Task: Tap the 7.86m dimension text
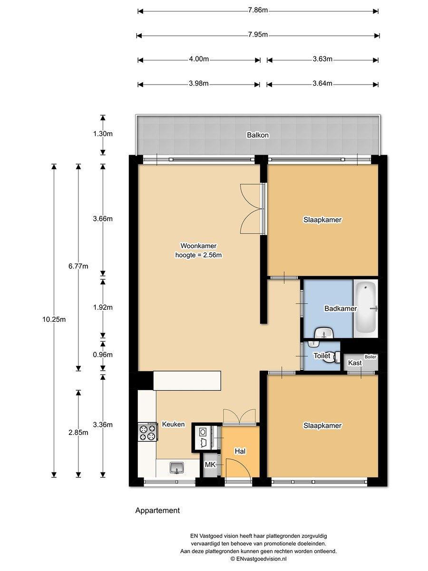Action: click(258, 10)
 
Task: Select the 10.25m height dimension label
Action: click(54, 319)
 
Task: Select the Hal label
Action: click(240, 451)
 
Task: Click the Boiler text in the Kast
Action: click(370, 357)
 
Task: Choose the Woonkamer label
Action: click(198, 246)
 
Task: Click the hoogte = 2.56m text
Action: click(198, 255)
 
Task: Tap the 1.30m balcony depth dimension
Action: click(103, 134)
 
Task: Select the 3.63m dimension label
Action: click(322, 59)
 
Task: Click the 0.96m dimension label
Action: click(103, 355)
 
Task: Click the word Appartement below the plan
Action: click(157, 511)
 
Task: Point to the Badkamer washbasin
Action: click(324, 333)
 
